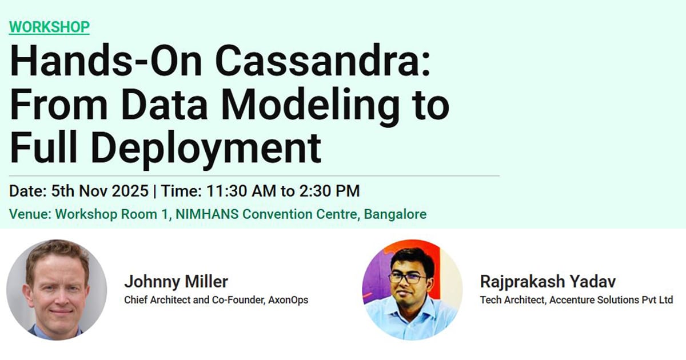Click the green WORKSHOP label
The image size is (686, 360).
tap(49, 27)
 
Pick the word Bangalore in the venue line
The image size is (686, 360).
tap(395, 215)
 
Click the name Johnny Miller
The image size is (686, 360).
tap(176, 282)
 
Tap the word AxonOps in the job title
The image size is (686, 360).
tap(288, 299)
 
